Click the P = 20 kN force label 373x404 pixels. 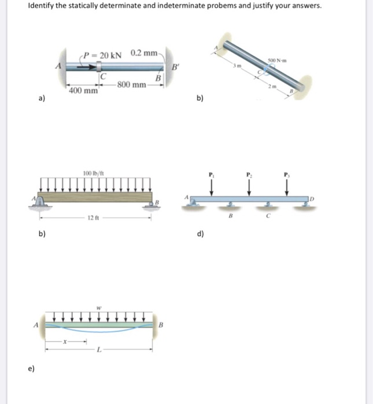point(103,55)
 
